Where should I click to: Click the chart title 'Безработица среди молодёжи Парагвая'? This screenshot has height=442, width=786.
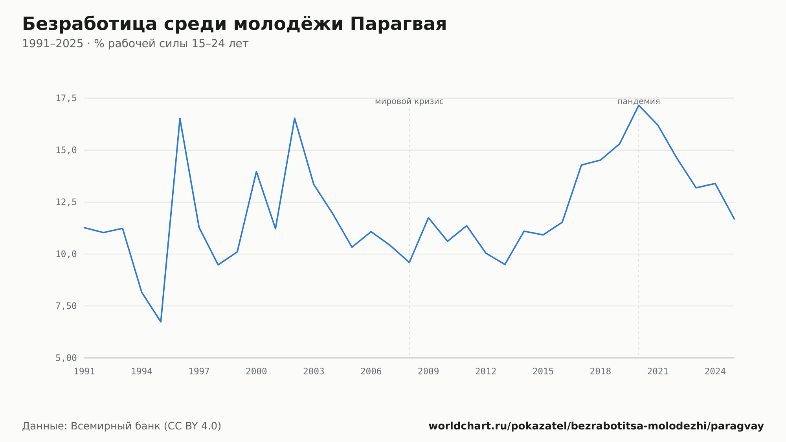(234, 24)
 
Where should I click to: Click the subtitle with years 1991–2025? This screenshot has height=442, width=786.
(135, 44)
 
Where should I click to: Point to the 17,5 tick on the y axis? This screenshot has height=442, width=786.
(66, 98)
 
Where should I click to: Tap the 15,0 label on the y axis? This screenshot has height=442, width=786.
(66, 150)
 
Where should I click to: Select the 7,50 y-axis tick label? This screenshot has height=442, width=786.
(66, 306)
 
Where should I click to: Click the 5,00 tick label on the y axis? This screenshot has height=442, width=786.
(66, 358)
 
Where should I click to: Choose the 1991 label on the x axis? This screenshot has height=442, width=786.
(84, 372)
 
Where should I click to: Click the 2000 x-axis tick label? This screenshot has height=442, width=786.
(256, 372)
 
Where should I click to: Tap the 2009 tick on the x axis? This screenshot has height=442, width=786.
(428, 372)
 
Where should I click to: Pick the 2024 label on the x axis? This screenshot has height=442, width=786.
(715, 372)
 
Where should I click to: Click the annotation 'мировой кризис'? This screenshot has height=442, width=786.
(409, 101)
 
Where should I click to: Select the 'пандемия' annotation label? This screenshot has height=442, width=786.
(639, 101)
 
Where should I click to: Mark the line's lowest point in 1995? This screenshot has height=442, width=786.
(161, 322)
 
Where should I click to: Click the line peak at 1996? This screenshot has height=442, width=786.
(180, 118)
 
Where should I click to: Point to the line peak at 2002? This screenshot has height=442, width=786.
(294, 118)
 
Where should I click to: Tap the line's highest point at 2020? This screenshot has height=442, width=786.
(639, 105)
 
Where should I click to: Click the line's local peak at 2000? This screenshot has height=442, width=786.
(256, 171)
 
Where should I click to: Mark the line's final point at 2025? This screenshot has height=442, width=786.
(734, 219)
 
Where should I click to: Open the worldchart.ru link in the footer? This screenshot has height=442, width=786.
(596, 426)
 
